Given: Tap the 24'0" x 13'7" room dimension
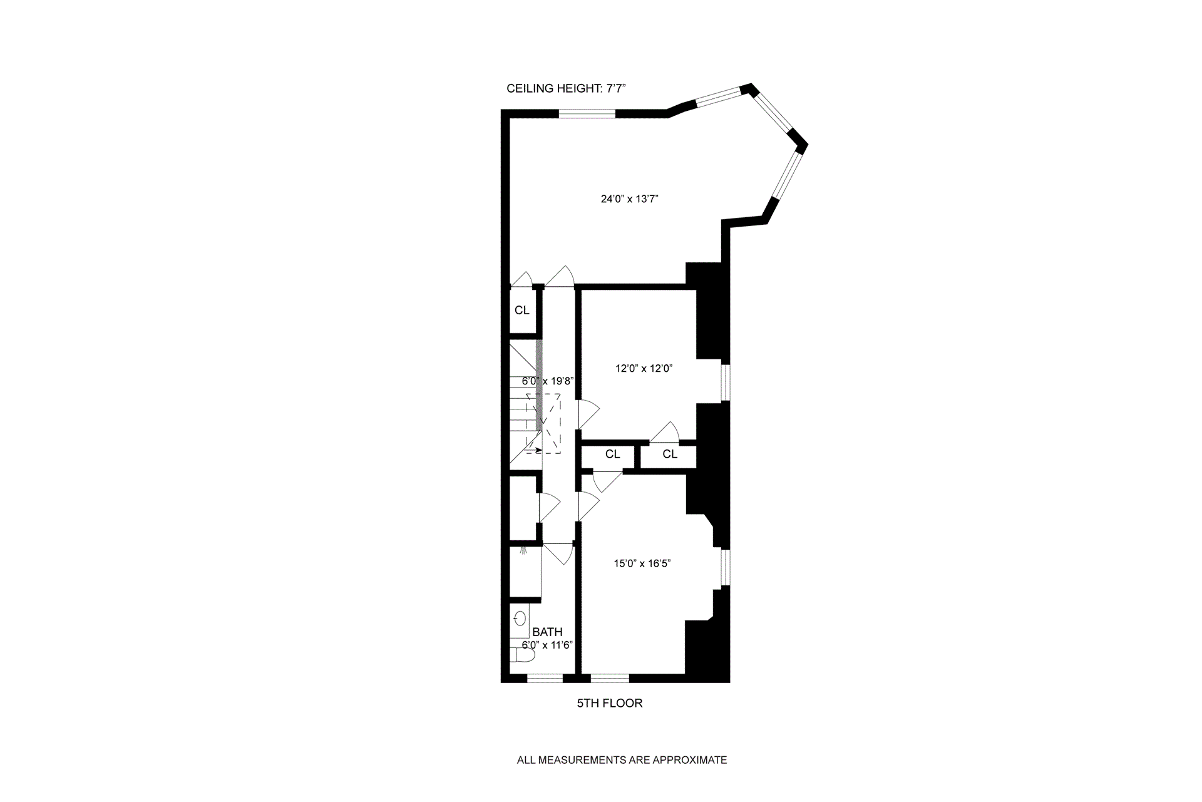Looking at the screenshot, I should (629, 199).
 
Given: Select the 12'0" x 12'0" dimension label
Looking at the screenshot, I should (644, 369).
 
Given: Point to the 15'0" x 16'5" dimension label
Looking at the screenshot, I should (642, 563).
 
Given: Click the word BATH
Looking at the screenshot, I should (547, 632).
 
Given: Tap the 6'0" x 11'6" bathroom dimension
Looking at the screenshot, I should (547, 645).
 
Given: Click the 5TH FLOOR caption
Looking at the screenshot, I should (609, 703).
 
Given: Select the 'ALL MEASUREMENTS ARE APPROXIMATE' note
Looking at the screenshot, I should (622, 760).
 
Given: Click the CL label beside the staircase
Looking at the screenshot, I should (521, 311).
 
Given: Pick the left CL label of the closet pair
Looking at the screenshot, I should (612, 455).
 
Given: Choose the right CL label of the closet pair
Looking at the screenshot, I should (670, 455).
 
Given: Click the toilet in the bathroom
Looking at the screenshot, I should (521, 655).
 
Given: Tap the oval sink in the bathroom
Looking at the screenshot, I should (520, 620).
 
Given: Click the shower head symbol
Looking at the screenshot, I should (522, 551).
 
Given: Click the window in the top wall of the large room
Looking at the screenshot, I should (587, 113).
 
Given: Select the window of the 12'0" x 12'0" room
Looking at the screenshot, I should (726, 383).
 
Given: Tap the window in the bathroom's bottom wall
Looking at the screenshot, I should (545, 678).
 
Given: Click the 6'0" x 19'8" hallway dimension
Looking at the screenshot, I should (548, 381).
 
